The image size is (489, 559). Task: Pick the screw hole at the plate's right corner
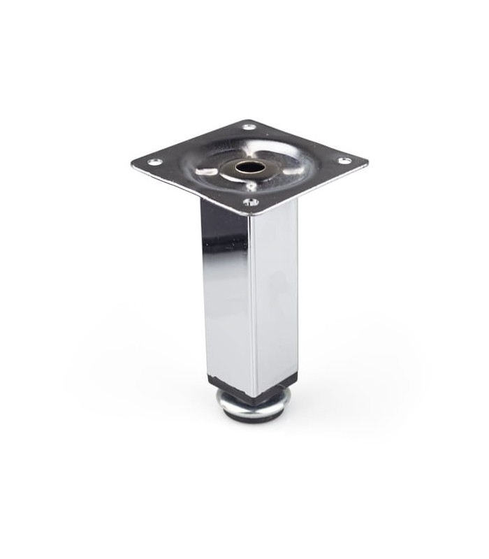click(x=344, y=161)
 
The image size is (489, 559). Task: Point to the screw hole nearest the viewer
click(x=250, y=203)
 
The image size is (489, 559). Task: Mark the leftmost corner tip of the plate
click(x=132, y=165)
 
